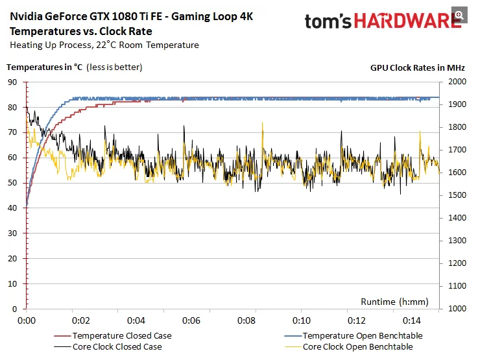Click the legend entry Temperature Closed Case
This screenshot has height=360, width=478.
[122, 335]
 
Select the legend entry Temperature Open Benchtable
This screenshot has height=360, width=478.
[363, 335]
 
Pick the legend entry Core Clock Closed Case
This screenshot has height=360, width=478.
[117, 346]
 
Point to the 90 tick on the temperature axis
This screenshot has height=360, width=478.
[12, 82]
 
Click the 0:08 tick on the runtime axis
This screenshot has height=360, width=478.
[246, 320]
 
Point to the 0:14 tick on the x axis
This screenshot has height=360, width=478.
[411, 320]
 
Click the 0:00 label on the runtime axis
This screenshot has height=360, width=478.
[27, 320]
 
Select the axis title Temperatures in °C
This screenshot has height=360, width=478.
[45, 66]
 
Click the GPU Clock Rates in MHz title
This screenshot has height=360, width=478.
[417, 67]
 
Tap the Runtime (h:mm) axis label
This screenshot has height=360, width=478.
[394, 301]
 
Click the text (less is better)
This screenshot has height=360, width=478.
[115, 66]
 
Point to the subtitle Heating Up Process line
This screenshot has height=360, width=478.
[104, 45]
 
